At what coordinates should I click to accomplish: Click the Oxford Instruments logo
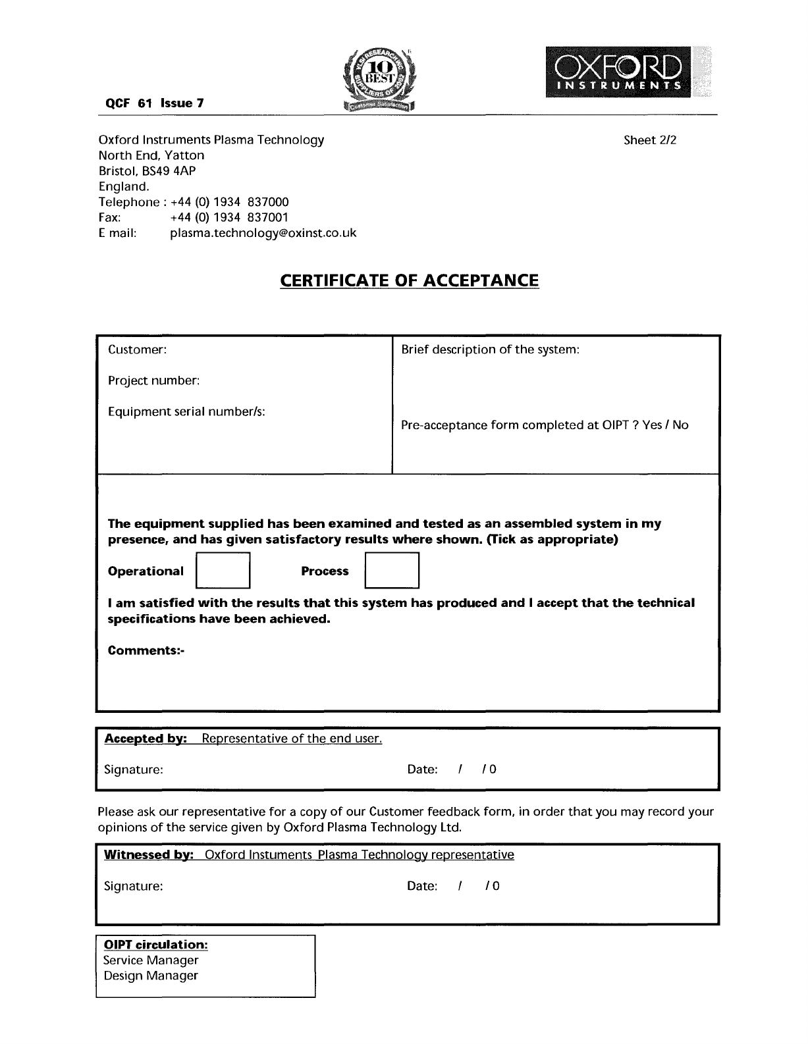(x=618, y=72)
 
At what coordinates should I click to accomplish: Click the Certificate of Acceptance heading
(x=409, y=280)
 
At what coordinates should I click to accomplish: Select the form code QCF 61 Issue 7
(x=155, y=103)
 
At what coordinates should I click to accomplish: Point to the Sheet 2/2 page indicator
(x=650, y=140)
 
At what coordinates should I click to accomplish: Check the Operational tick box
(x=223, y=570)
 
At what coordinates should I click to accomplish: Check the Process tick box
(x=392, y=570)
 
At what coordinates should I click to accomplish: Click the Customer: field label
(x=137, y=350)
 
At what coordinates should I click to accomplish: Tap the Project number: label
(x=153, y=380)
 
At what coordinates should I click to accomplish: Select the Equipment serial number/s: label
(x=186, y=411)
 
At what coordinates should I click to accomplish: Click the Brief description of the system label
(x=490, y=350)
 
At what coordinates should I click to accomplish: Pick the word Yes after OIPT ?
(x=652, y=425)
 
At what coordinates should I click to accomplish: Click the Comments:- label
(x=146, y=650)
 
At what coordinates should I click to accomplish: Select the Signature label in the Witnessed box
(x=133, y=886)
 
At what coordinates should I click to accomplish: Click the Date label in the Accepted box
(x=422, y=769)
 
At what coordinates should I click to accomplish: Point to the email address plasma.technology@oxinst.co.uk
(x=263, y=233)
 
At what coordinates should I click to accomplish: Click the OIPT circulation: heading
(x=155, y=945)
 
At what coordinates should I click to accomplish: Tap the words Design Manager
(x=151, y=976)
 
